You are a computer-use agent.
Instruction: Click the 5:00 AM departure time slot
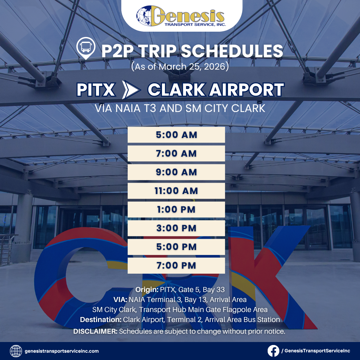pos(176,135)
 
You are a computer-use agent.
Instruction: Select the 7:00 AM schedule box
pos(176,153)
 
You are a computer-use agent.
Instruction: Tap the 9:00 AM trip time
pos(176,172)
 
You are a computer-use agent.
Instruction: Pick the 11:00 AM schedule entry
pos(176,191)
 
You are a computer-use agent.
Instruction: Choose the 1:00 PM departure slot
pos(176,209)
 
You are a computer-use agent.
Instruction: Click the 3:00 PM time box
pos(176,228)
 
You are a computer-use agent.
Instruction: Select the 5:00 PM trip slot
pos(176,247)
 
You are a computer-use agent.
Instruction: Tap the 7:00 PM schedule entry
pos(176,265)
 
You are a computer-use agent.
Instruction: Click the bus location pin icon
pos(86,48)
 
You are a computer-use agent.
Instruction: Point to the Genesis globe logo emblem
pos(145,16)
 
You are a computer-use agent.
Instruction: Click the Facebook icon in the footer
pos(273,351)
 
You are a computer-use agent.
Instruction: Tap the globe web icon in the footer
pos(16,351)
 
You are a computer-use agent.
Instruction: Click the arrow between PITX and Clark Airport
pos(131,90)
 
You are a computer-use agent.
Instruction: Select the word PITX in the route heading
pos(96,90)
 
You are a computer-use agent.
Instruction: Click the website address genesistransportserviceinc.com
pos(62,351)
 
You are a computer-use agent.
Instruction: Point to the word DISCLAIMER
pos(95,331)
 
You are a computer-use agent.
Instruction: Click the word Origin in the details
pos(147,290)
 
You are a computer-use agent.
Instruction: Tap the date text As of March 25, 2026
pos(180,67)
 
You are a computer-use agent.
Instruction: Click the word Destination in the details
pos(101,319)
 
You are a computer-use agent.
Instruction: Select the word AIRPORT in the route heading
pos(246,90)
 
